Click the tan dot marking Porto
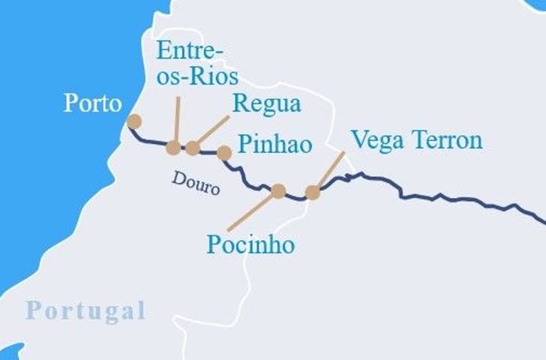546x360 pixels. pos(134,121)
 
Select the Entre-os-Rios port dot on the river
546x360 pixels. pos(173,148)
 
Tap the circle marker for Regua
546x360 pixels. pos(193,148)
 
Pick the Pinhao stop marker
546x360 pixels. pos(223,153)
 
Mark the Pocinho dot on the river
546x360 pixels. pos(278,191)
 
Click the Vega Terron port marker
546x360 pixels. pos(313,192)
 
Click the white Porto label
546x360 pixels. pos(92,103)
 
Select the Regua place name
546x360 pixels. pos(266,103)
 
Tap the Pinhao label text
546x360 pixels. pos(274,144)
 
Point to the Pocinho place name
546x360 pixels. pos(250,244)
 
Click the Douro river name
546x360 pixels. pos(196,182)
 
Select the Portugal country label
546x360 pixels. pos(85,310)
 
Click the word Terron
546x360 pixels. pos(443,139)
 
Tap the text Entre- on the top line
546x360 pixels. pos(190,51)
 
